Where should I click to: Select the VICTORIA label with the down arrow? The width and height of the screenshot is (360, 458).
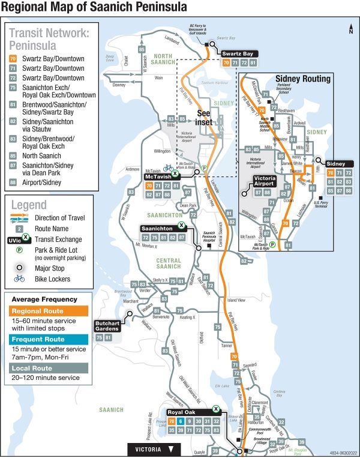tap(154, 448)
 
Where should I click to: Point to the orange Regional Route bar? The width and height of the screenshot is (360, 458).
tap(49, 311)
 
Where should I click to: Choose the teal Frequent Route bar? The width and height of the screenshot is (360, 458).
tap(49, 339)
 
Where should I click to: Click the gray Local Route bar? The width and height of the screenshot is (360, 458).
tap(49, 368)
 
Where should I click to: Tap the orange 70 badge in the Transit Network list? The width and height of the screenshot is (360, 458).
tap(13, 59)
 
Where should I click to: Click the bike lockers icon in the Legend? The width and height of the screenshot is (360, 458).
tap(19, 279)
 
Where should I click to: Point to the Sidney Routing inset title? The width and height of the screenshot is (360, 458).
tap(302, 79)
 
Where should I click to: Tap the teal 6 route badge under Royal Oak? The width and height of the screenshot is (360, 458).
tap(180, 421)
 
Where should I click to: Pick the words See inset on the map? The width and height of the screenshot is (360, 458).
tap(204, 117)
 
